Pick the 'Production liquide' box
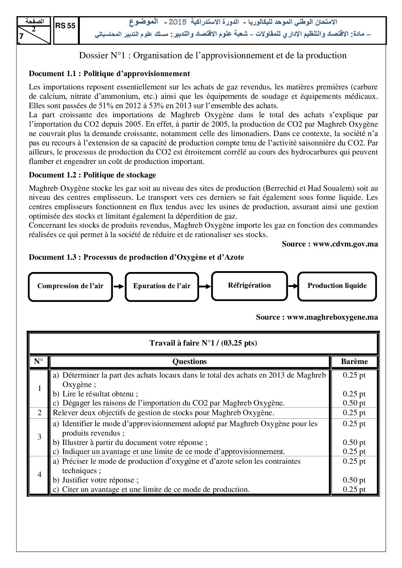337,286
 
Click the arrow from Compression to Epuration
119,287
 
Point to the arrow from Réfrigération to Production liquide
293,286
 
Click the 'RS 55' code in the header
65,26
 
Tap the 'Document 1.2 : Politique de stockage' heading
92,175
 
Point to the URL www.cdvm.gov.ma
345,244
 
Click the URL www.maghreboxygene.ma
332,317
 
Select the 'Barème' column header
354,362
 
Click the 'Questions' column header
190,362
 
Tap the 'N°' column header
39,362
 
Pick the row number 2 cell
40,413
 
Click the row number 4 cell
40,475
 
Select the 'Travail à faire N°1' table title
203,343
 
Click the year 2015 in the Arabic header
178,22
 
